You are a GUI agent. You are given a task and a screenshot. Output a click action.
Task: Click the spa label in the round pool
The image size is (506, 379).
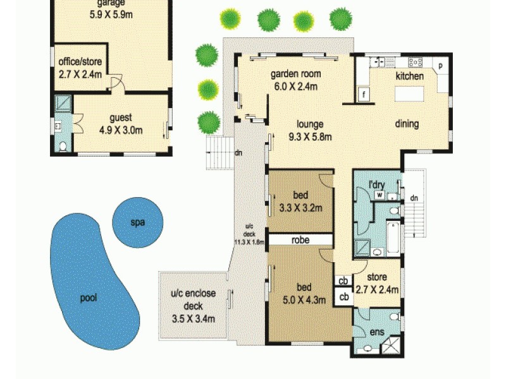click(x=137, y=223)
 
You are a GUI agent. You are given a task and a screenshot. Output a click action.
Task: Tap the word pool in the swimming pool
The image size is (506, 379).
click(x=89, y=298)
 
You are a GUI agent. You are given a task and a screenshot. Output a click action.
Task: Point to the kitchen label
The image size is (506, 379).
click(x=409, y=76)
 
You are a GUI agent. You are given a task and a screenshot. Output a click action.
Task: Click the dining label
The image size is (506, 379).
click(x=407, y=124)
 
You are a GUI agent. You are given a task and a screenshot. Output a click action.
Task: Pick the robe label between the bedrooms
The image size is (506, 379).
click(x=300, y=240)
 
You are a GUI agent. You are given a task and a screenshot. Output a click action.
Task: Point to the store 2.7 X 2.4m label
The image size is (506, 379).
click(x=378, y=285)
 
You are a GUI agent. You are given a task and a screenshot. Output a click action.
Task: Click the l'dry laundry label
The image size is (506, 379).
click(x=378, y=184)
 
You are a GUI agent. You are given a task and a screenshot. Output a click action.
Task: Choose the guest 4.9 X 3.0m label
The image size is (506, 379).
click(x=121, y=124)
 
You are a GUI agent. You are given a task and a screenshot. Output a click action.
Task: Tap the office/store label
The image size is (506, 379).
click(x=80, y=68)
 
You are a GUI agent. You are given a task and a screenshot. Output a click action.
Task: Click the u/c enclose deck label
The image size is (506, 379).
click(x=194, y=306)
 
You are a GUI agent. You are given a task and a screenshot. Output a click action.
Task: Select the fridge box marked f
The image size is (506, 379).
click(x=364, y=95)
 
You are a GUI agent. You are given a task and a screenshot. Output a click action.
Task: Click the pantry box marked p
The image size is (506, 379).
click(x=440, y=65)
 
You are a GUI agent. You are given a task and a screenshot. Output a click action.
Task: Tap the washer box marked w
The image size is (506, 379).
click(x=380, y=195)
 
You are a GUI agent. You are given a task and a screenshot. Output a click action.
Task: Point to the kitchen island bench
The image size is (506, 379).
click(x=414, y=94)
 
